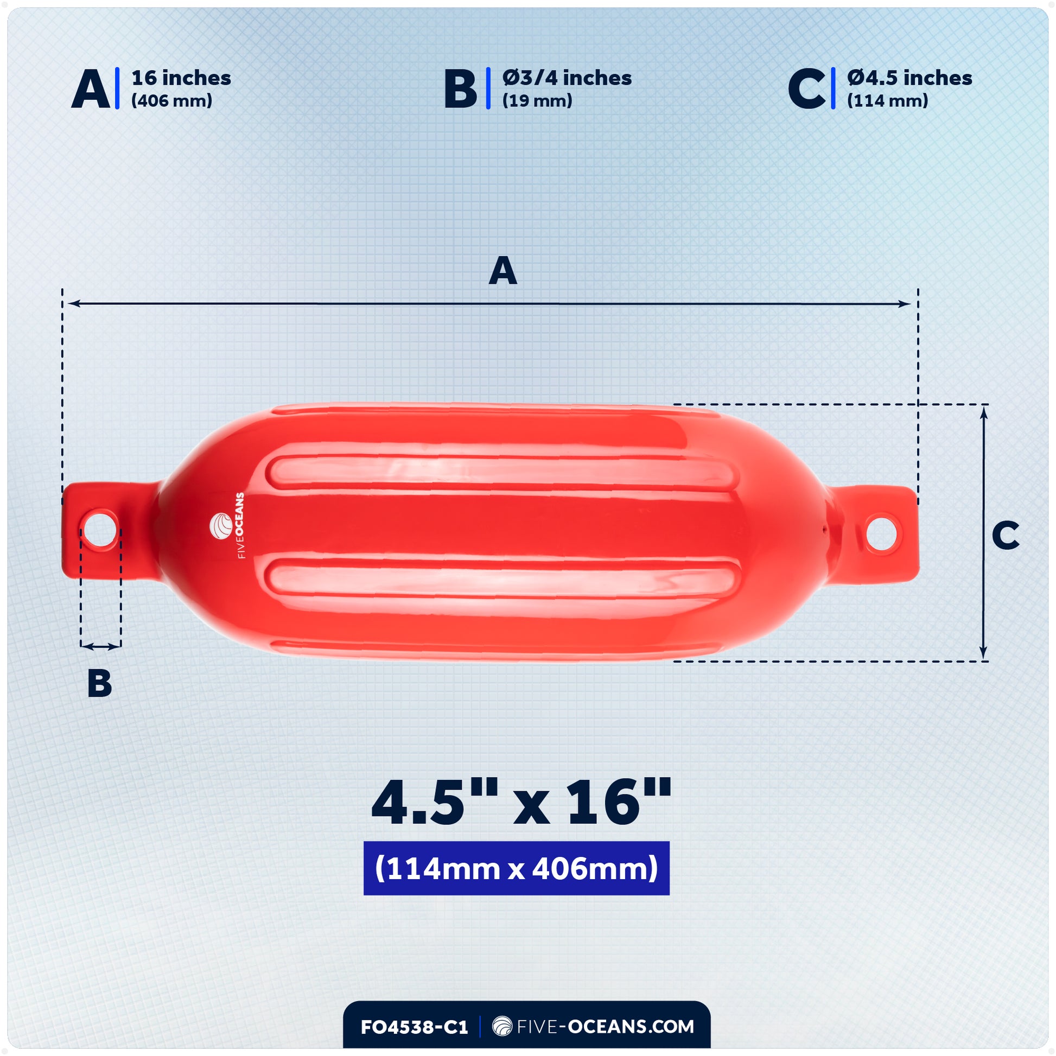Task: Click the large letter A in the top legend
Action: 91,89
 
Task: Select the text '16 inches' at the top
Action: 181,78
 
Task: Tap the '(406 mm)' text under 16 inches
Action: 171,101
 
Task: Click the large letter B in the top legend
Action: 460,89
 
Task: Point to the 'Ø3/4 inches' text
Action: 567,78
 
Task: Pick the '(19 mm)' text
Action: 537,101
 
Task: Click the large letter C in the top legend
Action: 807,89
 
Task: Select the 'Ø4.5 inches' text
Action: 909,78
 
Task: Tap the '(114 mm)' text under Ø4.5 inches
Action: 887,101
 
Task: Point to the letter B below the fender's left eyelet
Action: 99,683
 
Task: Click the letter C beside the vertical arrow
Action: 1005,536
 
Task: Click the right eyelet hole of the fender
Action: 882,532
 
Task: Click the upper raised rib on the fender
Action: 502,473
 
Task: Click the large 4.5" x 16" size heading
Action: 520,804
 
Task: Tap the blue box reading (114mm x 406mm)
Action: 516,868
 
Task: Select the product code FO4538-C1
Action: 414,1027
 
